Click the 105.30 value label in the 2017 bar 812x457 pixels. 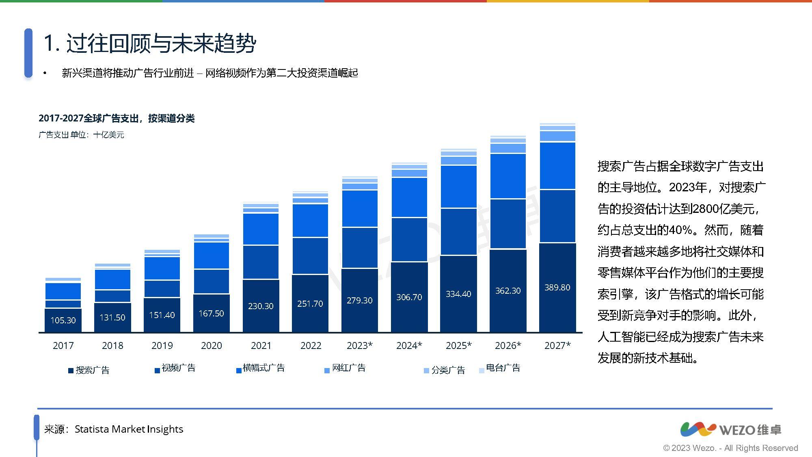tap(63, 320)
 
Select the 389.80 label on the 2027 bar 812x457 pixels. tap(557, 287)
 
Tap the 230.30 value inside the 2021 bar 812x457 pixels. tap(261, 306)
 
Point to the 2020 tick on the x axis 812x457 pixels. tap(211, 345)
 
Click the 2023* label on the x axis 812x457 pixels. tap(359, 345)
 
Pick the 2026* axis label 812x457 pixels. tap(508, 345)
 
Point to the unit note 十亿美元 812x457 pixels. tap(108, 135)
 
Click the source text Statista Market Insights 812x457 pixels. tap(129, 429)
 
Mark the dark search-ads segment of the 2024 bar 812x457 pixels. tap(409, 297)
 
